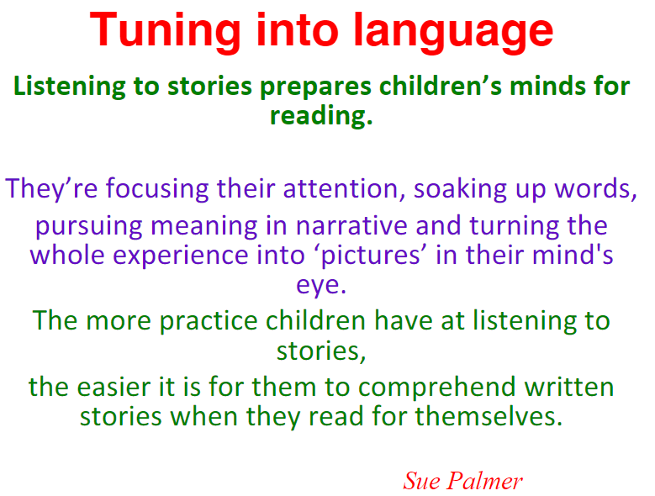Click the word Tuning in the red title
[165, 31]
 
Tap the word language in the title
[453, 32]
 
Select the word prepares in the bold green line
[315, 87]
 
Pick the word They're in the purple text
[51, 189]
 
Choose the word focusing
[157, 189]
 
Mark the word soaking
[460, 189]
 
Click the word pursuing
[88, 227]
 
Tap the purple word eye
[321, 286]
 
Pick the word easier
[114, 388]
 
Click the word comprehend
[436, 388]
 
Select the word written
[569, 387]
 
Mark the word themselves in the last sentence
[489, 416]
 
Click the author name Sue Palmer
[462, 482]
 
